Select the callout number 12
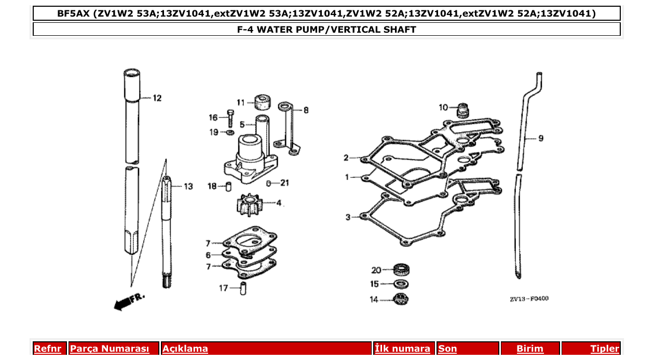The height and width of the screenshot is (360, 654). (x=157, y=98)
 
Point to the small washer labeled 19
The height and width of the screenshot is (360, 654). (x=230, y=133)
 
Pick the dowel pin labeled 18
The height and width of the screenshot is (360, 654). (x=228, y=187)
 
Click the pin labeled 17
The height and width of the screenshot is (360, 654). (x=243, y=288)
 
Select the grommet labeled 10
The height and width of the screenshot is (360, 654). (x=462, y=110)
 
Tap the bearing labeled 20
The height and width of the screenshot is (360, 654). (x=401, y=269)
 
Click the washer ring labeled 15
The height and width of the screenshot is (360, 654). (x=401, y=284)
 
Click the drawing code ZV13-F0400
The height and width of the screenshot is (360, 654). (x=529, y=299)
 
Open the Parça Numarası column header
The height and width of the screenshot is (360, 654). (x=110, y=349)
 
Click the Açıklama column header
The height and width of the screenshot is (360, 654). (x=185, y=349)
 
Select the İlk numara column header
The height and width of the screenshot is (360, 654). (x=403, y=349)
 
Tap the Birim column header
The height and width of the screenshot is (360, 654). (x=529, y=349)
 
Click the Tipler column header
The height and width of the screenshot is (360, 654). (x=605, y=349)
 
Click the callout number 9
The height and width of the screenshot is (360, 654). (x=540, y=139)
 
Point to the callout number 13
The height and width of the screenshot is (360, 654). (x=187, y=186)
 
